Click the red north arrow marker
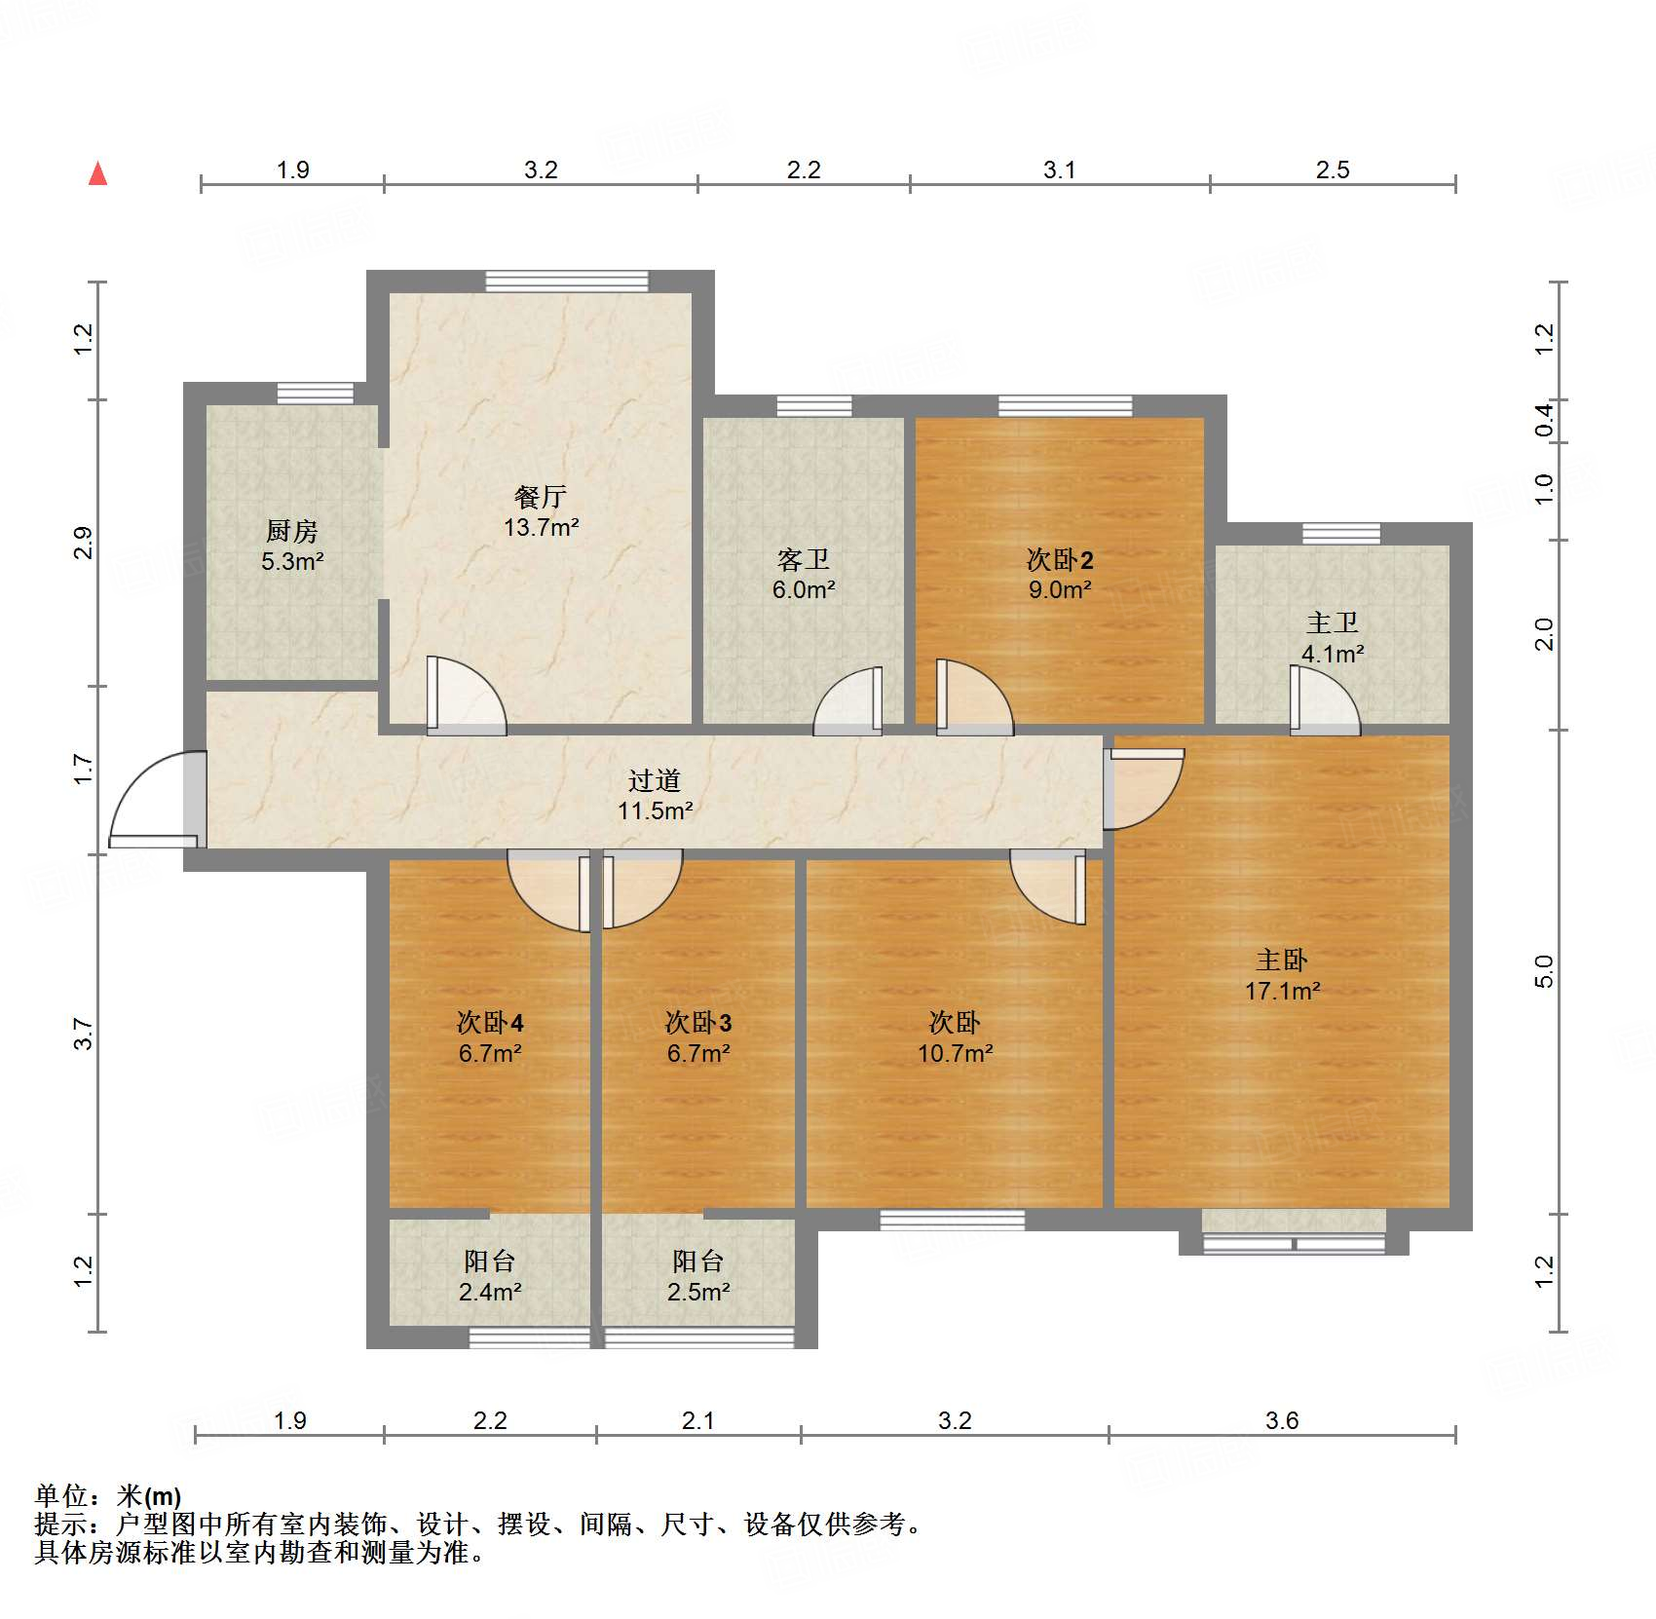pos(97,174)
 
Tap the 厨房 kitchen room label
pos(291,531)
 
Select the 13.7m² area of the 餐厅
pos(541,528)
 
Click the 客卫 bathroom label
pos(803,559)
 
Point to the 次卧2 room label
pos(1060,559)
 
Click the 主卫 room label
pos(1332,622)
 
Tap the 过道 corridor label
pos(654,780)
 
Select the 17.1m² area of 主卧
pos(1282,992)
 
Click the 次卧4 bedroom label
pos(490,1022)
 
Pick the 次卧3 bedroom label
pos(697,1022)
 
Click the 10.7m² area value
pos(955,1053)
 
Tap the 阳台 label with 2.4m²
pos(489,1261)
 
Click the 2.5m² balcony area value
pos(697,1293)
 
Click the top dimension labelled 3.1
pos(1059,170)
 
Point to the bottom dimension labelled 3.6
pos(1281,1421)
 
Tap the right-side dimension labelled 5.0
pos(1543,971)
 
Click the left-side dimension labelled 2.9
pos(84,543)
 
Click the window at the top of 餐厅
pos(566,282)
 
